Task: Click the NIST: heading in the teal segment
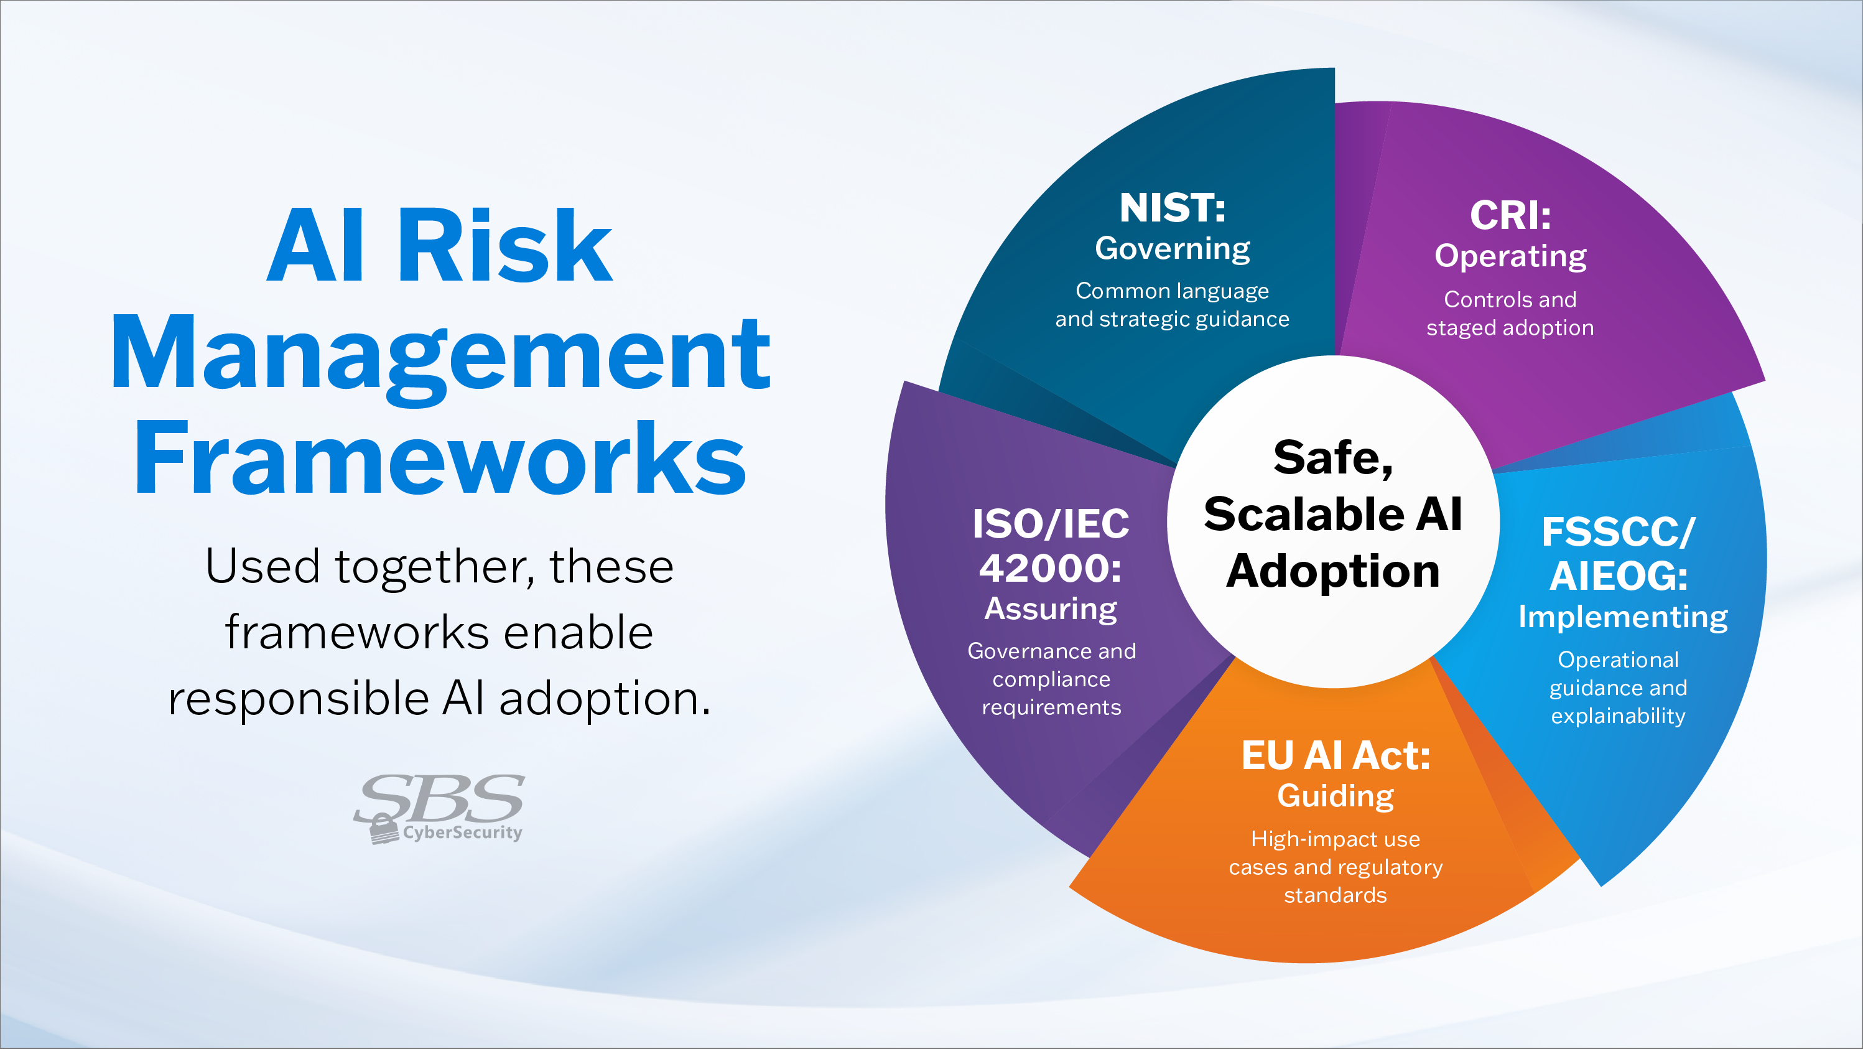coord(1172,208)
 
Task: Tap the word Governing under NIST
coord(1172,249)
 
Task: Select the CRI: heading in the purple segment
coord(1510,216)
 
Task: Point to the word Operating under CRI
coord(1510,256)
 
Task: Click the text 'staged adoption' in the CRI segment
coord(1510,328)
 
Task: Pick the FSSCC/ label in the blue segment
coord(1618,533)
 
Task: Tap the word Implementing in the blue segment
coord(1622,617)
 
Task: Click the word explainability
coord(1618,716)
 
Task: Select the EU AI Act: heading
coord(1335,756)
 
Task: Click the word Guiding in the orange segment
coord(1335,796)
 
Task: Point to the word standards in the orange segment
coord(1335,895)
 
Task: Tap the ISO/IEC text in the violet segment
coord(1050,524)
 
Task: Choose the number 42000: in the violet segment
coord(1050,568)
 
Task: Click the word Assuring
coord(1050,609)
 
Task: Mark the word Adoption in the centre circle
coord(1333,572)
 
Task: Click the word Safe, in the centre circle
coord(1333,458)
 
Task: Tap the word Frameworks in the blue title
coord(439,458)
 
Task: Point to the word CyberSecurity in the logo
coord(462,832)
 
